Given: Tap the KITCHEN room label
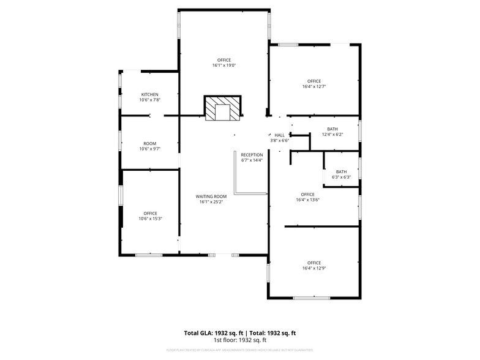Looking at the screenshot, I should coord(150,94).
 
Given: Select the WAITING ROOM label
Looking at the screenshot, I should coord(211,197).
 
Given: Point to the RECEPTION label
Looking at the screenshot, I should coord(252,155).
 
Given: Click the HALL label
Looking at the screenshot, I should coord(279,135).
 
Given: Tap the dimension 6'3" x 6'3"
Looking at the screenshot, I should coord(341,178).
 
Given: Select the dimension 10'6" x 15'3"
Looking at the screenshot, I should coord(150,219).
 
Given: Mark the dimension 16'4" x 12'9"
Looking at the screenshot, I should coord(314,268).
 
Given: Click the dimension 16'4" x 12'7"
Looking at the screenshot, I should coord(314,87).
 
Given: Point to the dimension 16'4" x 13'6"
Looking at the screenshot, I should coord(307,200).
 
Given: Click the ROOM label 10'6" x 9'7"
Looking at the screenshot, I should coord(150,143).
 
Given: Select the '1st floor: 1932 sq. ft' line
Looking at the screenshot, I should coord(240,340).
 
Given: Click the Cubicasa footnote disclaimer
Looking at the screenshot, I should coord(240,350).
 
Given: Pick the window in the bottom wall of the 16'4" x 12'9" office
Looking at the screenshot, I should coord(312,298).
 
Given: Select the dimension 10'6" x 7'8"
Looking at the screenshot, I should coord(150,100).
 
